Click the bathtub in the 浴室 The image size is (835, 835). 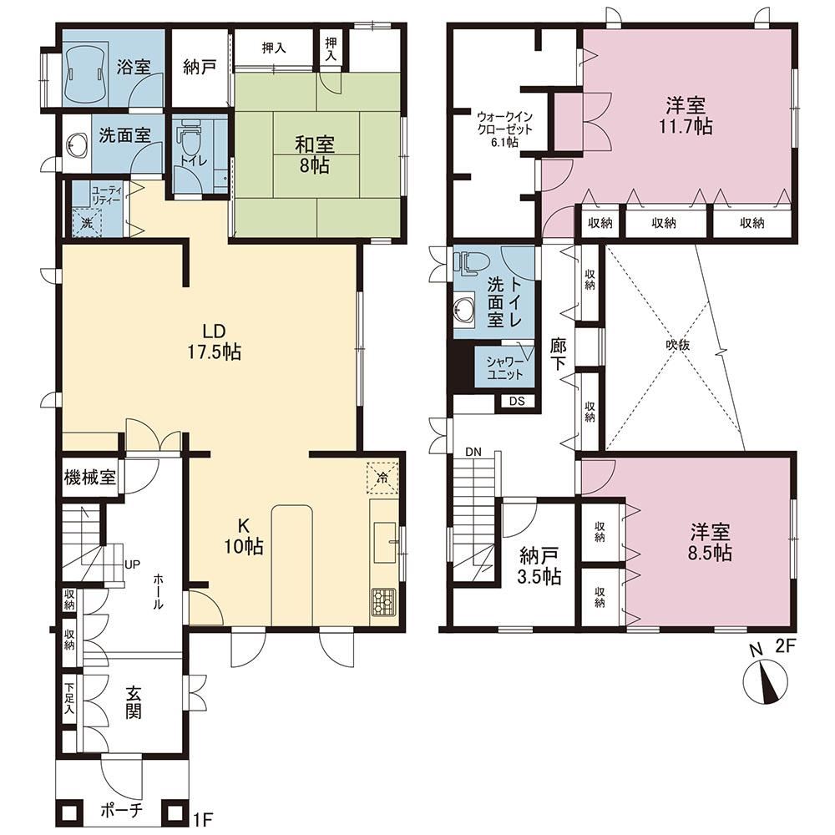tap(85, 73)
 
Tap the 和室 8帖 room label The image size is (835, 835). tap(314, 154)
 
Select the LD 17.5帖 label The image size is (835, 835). tap(214, 341)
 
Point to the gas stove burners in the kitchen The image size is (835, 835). tap(383, 602)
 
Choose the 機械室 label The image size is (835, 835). tap(90, 477)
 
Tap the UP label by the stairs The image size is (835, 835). tap(132, 564)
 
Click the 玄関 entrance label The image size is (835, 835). tap(133, 702)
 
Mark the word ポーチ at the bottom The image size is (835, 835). tap(122, 810)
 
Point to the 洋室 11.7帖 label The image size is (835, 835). tap(686, 115)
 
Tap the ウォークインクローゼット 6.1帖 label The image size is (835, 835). tap(504, 129)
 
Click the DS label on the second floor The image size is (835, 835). tap(517, 401)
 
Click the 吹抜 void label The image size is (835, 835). tap(677, 345)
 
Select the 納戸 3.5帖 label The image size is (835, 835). tap(539, 567)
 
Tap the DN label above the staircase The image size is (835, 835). tap(473, 452)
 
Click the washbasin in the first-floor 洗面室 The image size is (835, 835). tap(78, 144)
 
